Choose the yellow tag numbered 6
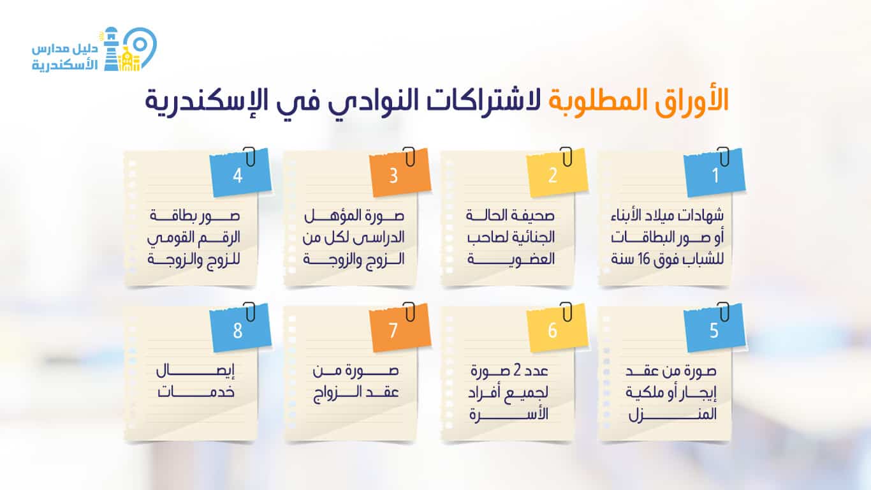click(552, 330)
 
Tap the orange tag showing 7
click(393, 330)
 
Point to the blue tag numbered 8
click(238, 330)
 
